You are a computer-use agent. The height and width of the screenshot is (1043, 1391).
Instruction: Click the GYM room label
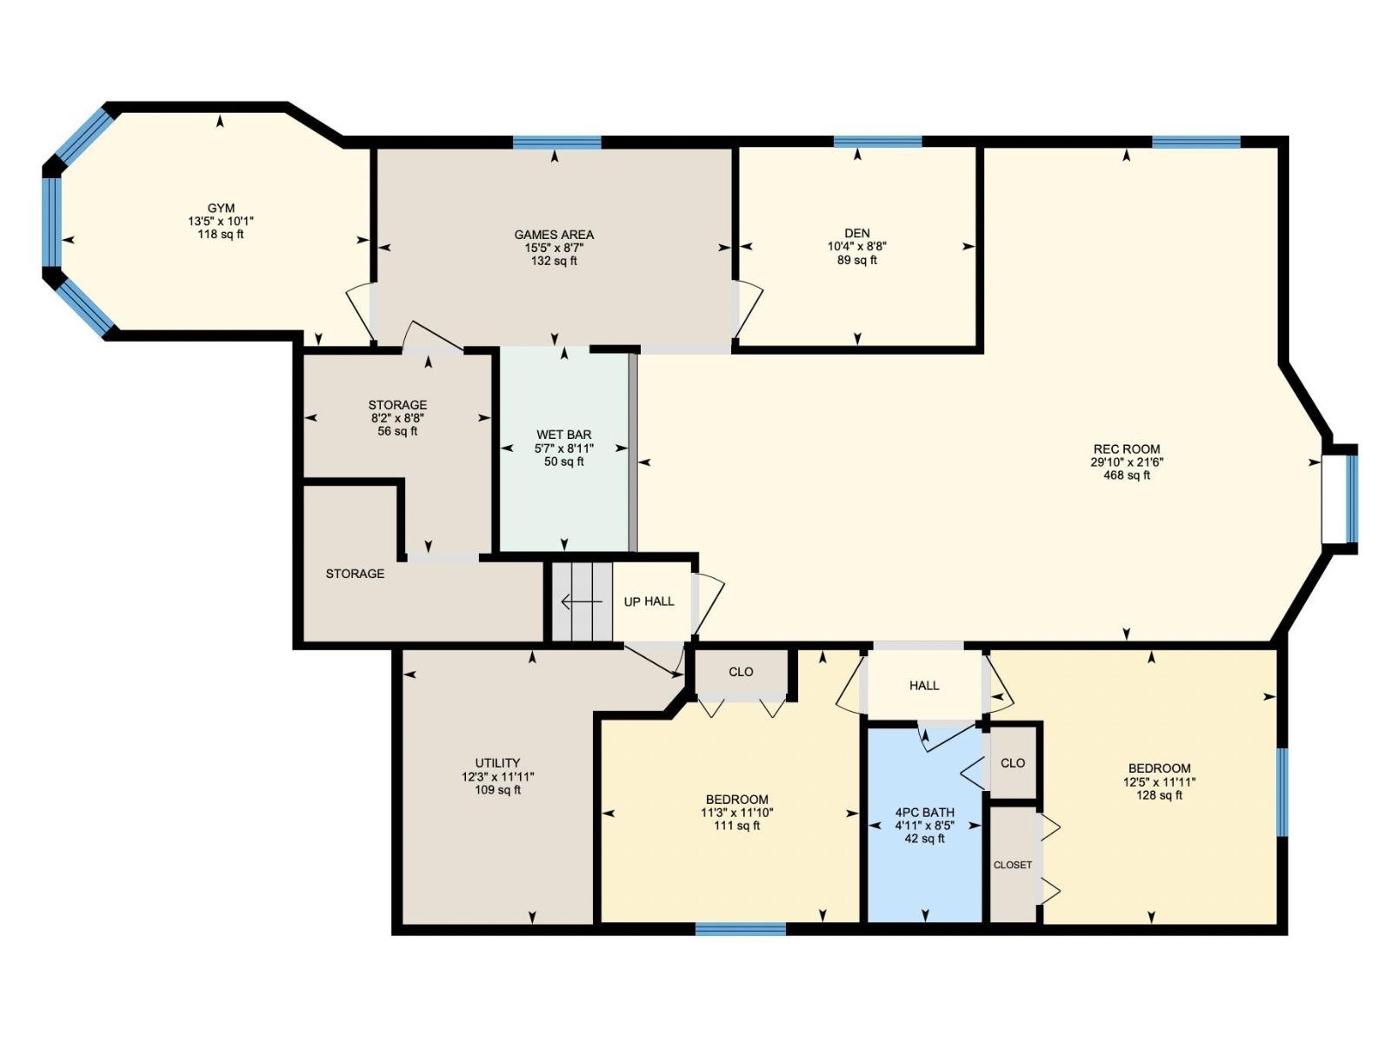pyautogui.click(x=221, y=209)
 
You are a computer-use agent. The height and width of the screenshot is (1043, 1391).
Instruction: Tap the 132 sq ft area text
pyautogui.click(x=554, y=261)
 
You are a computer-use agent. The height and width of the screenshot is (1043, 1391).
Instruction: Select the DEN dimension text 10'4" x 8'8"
pyautogui.click(x=857, y=247)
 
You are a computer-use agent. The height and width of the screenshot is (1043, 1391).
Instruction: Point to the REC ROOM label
pyautogui.click(x=1127, y=449)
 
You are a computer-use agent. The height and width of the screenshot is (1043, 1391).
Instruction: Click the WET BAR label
pyautogui.click(x=564, y=435)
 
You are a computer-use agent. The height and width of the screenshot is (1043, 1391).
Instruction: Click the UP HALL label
pyautogui.click(x=649, y=601)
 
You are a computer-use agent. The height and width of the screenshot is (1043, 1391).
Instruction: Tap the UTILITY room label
pyautogui.click(x=497, y=763)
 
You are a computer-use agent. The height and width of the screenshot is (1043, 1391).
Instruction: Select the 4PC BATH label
pyautogui.click(x=924, y=813)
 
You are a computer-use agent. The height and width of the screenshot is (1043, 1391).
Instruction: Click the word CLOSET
pyautogui.click(x=1013, y=865)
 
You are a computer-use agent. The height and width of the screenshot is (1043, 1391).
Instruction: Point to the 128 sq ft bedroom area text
pyautogui.click(x=1159, y=795)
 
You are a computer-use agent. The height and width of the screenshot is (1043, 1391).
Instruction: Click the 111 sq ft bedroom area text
pyautogui.click(x=736, y=826)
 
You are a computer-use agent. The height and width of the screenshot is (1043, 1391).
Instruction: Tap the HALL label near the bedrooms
pyautogui.click(x=924, y=686)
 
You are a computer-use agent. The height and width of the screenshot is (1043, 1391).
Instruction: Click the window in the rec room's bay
pyautogui.click(x=1351, y=498)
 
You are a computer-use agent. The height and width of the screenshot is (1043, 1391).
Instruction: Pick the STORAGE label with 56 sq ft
pyautogui.click(x=397, y=405)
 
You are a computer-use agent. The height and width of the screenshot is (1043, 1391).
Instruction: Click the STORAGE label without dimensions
pyautogui.click(x=355, y=574)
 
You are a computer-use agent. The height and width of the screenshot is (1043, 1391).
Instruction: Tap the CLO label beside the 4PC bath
pyautogui.click(x=1013, y=763)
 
